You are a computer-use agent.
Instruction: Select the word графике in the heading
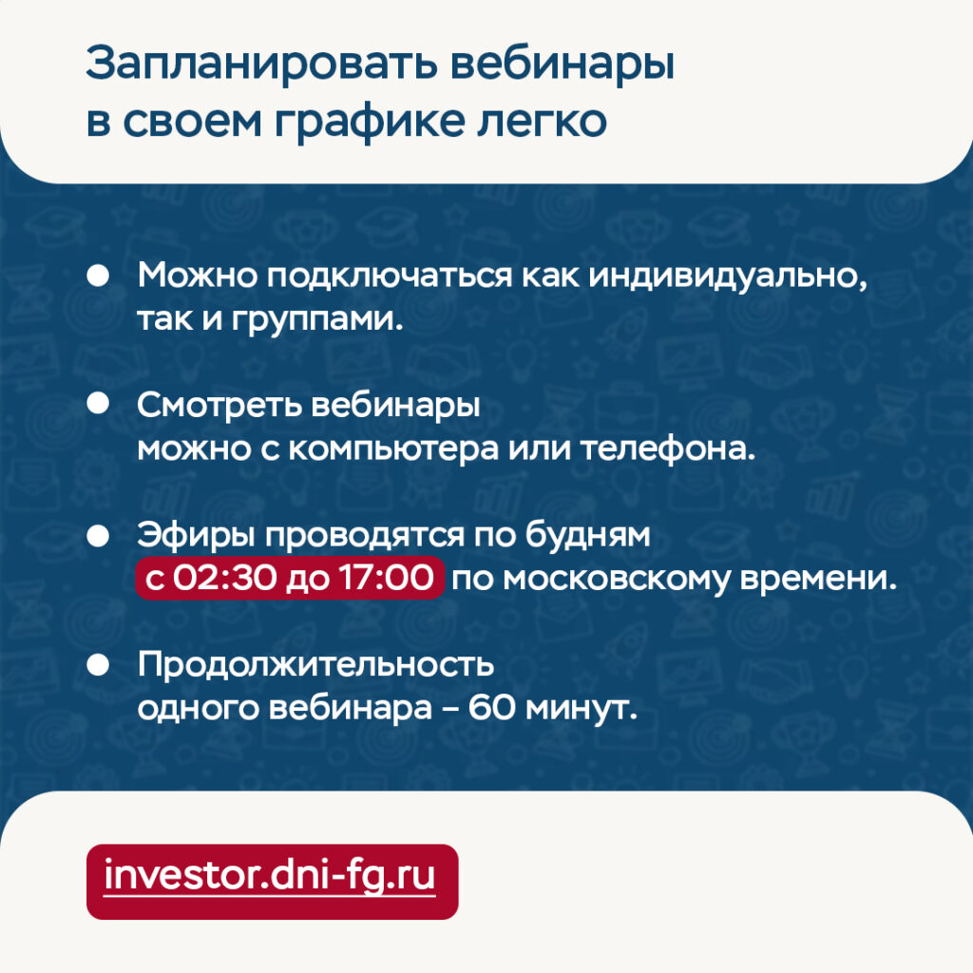370,121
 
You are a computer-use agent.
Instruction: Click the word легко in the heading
542,121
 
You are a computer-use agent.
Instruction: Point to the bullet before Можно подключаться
98,275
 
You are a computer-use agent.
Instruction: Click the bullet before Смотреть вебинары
98,404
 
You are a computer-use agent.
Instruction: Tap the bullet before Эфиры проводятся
98,536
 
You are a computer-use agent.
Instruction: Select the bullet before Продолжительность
98,664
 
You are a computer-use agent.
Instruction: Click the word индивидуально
727,276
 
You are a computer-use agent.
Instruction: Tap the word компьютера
393,449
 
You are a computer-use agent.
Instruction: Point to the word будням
587,534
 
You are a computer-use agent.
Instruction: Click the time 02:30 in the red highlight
224,578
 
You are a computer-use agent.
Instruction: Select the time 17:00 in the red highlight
386,578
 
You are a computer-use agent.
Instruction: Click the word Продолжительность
315,664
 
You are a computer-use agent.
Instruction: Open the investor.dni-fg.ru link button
273,881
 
